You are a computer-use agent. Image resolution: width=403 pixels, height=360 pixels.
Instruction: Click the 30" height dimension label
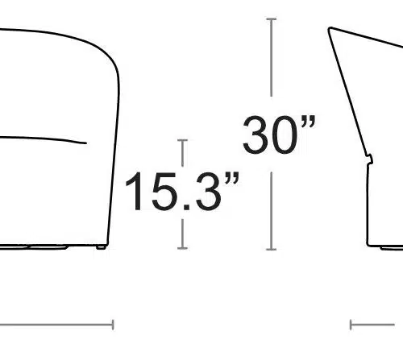tap(280, 134)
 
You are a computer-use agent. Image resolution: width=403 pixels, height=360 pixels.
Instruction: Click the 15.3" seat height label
tap(182, 191)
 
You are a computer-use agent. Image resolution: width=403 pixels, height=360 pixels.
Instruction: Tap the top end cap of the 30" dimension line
tap(272, 19)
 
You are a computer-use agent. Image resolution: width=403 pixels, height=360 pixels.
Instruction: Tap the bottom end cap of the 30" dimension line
tap(272, 250)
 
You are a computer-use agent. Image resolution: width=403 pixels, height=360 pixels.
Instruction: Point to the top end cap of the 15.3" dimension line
tap(182, 140)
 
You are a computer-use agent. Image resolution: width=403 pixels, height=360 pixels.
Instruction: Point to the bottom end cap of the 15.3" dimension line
tap(182, 248)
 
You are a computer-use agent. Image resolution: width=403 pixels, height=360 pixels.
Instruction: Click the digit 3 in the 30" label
tap(255, 135)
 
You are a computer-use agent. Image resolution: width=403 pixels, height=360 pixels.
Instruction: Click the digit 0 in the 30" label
tap(285, 135)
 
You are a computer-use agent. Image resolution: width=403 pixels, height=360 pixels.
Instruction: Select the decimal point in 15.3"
tap(187, 207)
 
